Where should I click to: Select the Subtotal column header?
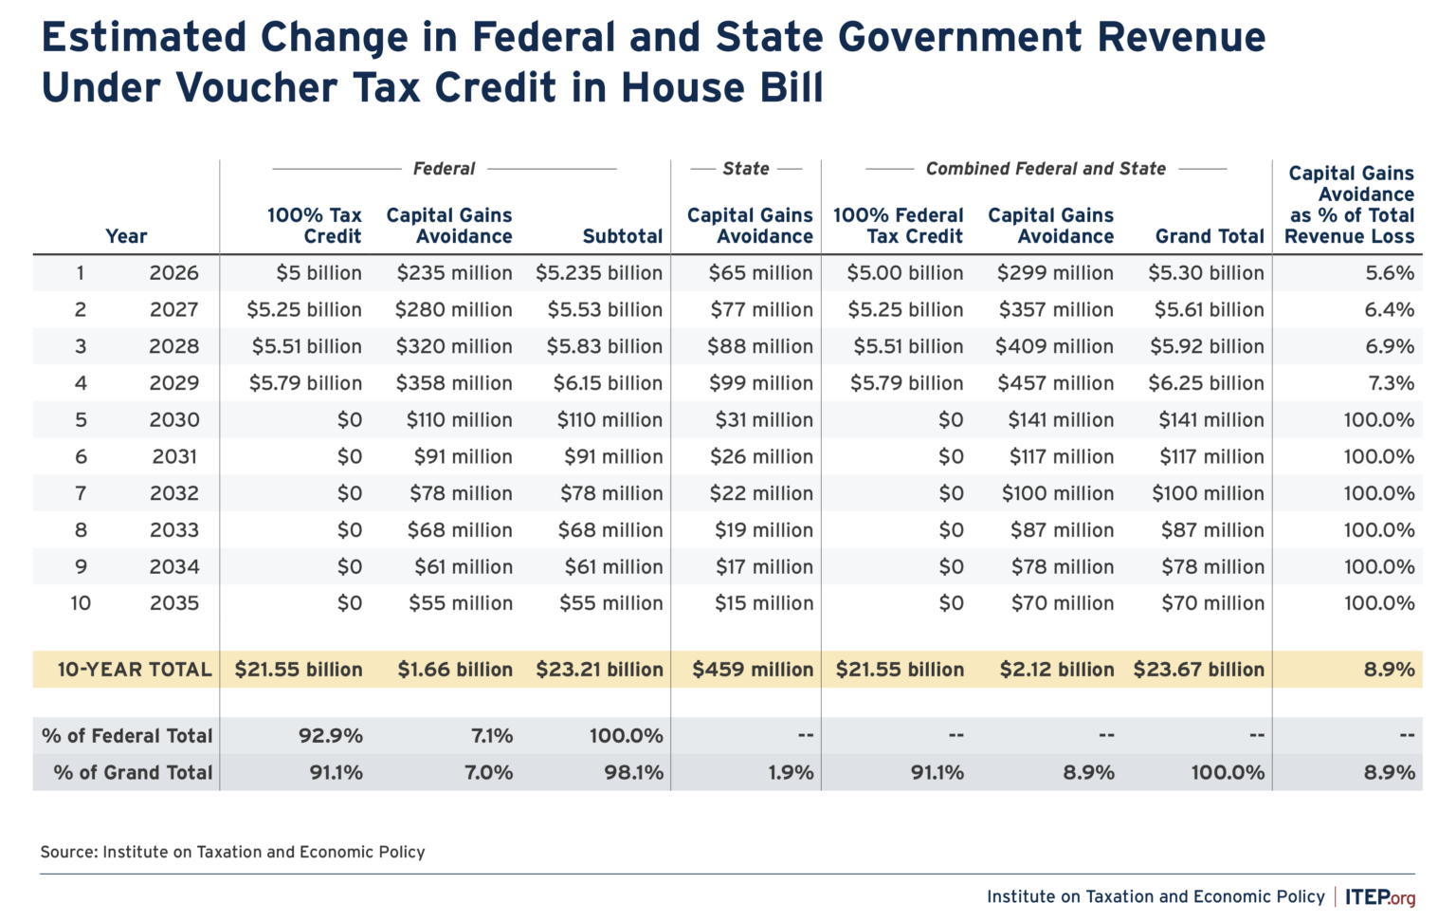[x=622, y=236]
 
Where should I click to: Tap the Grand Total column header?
[x=1210, y=236]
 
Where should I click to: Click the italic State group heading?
[x=746, y=169]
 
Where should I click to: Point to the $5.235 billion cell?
[x=598, y=273]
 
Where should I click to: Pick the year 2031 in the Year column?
[x=174, y=457]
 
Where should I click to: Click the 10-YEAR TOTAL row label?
[x=134, y=670]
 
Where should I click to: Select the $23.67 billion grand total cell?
[x=1198, y=670]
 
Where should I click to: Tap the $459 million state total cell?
[x=753, y=670]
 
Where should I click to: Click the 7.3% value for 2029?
[x=1390, y=384]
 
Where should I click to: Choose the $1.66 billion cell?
[x=455, y=670]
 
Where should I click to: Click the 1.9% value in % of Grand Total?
[x=791, y=773]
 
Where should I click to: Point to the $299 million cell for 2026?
[x=1055, y=273]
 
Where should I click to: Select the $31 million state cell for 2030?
[x=763, y=420]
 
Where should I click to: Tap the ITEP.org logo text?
[x=1379, y=897]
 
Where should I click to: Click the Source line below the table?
[x=232, y=852]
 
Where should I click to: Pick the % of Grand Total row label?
[x=133, y=773]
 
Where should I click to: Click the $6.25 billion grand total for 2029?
[x=1206, y=384]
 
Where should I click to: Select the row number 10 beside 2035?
[x=81, y=603]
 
